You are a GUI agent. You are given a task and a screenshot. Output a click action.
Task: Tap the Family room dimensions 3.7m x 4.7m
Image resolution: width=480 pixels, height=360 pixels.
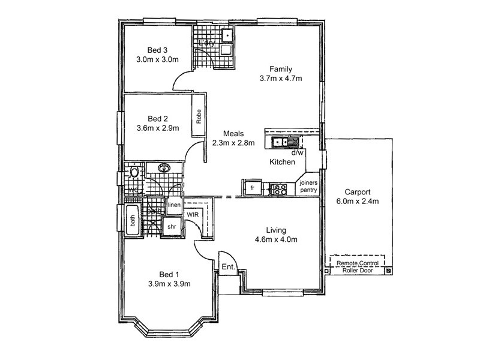point(280,79)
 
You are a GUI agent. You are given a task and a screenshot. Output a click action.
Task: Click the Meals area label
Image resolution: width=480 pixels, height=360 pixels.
point(233,133)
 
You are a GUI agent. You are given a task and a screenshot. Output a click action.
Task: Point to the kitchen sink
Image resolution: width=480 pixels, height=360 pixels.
point(279,142)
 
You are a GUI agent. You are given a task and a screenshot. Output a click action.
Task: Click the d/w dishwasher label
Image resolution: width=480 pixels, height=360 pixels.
point(296,152)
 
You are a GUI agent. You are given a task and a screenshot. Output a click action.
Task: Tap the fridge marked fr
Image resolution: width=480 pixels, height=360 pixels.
point(253,188)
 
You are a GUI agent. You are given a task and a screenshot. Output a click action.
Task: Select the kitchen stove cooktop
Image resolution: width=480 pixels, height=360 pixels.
point(279,189)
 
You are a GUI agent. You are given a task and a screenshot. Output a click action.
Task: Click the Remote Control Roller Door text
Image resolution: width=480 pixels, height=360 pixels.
point(357,266)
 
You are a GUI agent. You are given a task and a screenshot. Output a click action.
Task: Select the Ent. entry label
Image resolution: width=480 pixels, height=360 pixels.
point(228,267)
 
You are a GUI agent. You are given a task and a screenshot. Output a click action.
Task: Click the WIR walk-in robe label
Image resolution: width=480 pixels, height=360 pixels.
point(193,214)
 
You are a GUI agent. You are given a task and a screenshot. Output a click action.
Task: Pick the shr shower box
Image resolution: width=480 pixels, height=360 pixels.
point(172,227)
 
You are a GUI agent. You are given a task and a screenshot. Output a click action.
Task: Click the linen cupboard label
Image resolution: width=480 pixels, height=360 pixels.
point(174,206)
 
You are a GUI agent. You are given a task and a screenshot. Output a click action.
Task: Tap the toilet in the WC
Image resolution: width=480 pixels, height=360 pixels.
point(134,173)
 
